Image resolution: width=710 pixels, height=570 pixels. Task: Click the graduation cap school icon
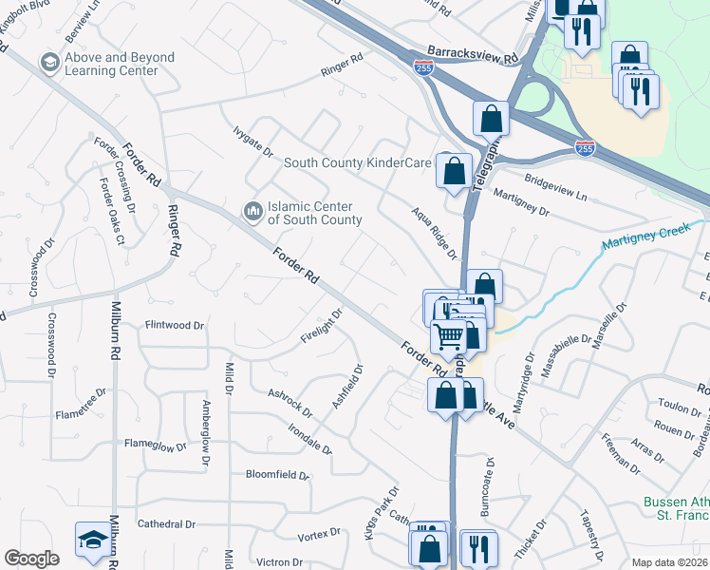coord(92,540)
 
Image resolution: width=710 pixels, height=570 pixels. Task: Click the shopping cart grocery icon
coord(448,335)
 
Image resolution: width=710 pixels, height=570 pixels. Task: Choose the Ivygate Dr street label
coord(253,142)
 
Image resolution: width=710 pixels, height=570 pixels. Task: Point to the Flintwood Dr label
coord(175,325)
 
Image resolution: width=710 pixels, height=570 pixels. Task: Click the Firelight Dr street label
coord(321,326)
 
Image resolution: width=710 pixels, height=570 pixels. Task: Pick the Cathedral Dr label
coord(166,523)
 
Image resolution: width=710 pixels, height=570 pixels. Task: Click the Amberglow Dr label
coord(205,433)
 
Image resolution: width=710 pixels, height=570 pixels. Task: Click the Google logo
coord(31,559)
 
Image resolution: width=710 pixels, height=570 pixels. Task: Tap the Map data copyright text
coord(670,562)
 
